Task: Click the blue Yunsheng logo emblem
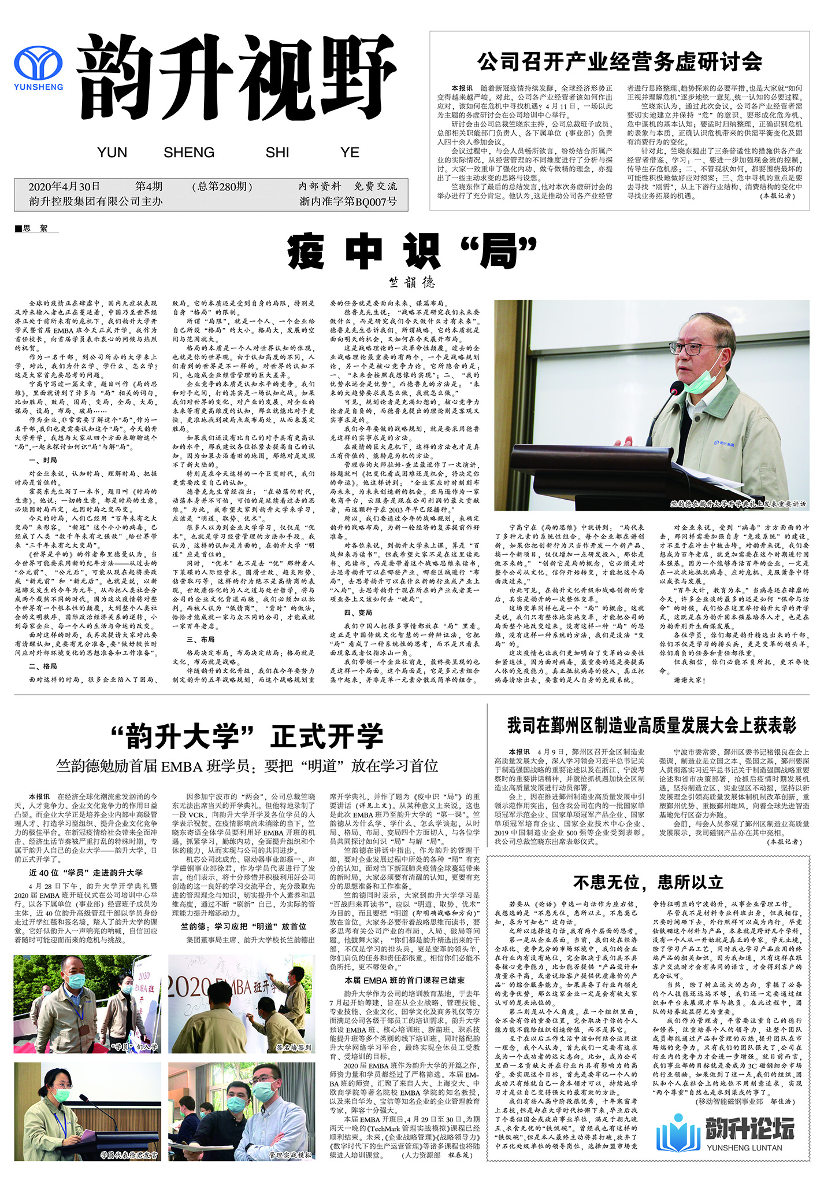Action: tap(38, 64)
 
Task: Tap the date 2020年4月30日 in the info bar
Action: tap(64, 186)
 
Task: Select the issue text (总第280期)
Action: tap(222, 186)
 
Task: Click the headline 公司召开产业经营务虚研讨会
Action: tap(619, 61)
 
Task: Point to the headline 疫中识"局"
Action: tap(412, 252)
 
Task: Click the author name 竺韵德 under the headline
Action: tap(412, 282)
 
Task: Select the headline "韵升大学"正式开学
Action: tap(247, 736)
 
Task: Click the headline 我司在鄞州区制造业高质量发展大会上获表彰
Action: tap(651, 725)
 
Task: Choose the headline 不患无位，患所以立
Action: tap(648, 882)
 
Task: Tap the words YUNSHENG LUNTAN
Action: tap(744, 1148)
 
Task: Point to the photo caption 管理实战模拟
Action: tap(291, 1155)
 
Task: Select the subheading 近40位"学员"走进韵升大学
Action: tap(86, 872)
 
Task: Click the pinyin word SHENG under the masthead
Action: tap(189, 153)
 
